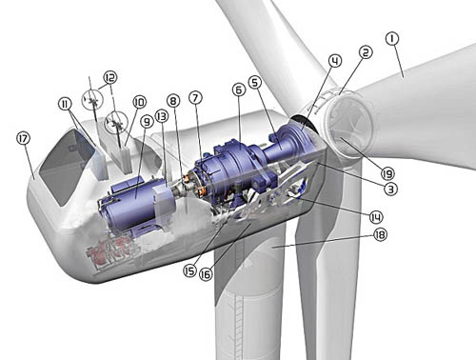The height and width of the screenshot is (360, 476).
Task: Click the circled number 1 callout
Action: (392, 39)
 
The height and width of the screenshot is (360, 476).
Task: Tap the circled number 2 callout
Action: (366, 52)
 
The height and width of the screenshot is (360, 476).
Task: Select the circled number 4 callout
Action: (335, 60)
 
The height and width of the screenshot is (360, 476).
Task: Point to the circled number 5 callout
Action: (255, 82)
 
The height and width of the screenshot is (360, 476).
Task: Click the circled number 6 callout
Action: (239, 90)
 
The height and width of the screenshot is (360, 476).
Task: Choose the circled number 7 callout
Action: (195, 97)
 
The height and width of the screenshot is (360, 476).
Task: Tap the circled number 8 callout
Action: (173, 101)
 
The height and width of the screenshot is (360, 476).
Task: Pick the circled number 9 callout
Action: (147, 122)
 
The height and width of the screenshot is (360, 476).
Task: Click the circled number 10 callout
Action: (139, 102)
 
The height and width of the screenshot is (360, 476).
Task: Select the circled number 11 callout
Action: (65, 104)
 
